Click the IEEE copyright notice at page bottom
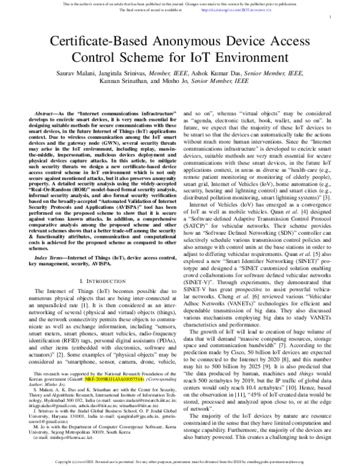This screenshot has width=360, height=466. point(180,461)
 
